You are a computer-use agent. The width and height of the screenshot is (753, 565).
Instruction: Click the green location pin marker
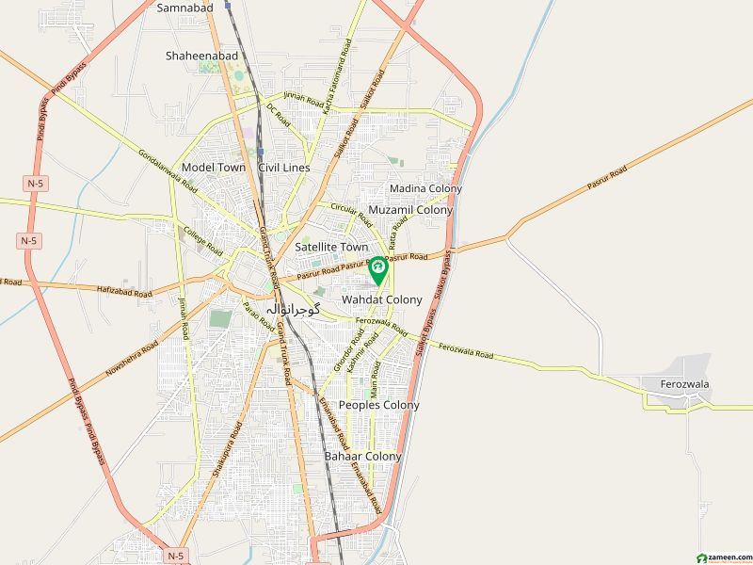378,270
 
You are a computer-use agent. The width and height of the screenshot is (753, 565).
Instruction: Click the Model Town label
214,168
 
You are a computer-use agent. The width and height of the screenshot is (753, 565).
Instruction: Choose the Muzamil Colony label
410,210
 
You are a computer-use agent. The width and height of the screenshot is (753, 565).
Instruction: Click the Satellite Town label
330,247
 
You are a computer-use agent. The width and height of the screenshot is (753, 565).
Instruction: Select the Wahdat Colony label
381,299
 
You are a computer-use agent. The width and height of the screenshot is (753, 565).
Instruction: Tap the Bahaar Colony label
362,456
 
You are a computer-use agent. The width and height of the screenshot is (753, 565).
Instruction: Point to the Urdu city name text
295,309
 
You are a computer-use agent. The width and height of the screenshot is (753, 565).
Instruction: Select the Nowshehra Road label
127,360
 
